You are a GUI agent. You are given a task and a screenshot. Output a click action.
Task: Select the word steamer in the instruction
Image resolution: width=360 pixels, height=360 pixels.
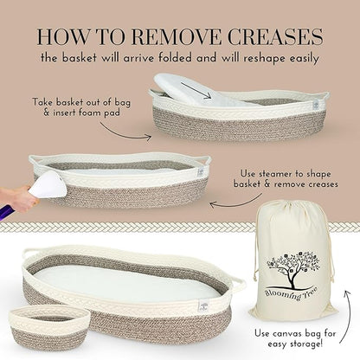(x=279, y=174)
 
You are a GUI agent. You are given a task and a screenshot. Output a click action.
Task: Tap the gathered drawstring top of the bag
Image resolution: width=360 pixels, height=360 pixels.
(x=292, y=209)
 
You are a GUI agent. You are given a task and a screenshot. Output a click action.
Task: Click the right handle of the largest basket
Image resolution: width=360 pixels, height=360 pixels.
(x=238, y=286)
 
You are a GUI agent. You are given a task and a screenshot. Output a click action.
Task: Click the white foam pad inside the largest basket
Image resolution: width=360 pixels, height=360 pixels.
(x=127, y=284)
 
